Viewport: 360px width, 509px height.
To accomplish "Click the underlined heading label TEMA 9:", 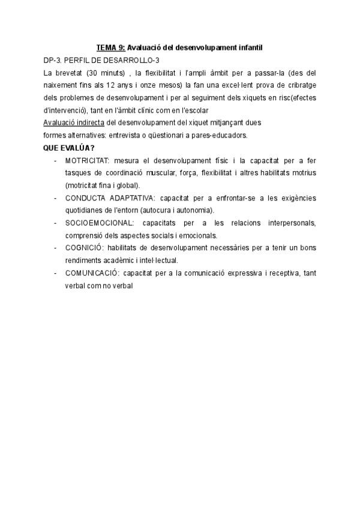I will (x=110, y=47).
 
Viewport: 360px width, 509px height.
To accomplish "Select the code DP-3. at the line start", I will (x=53, y=60).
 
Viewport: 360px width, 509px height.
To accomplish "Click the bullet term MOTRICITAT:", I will (x=87, y=160).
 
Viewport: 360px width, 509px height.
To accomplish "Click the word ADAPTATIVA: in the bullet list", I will (x=129, y=198).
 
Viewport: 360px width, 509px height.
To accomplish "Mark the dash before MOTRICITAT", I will (x=56, y=160).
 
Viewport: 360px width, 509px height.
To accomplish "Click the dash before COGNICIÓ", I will (x=56, y=248).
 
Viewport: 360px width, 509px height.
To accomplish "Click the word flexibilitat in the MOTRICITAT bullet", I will (x=224, y=173).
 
